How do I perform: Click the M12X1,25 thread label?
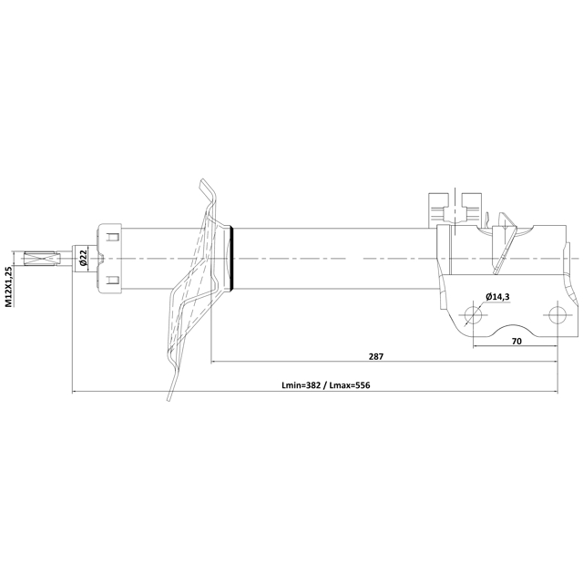click(x=9, y=286)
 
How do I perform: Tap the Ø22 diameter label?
click(x=83, y=258)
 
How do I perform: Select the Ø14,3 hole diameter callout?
click(x=497, y=296)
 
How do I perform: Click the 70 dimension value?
click(x=517, y=341)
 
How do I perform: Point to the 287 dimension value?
click(x=376, y=356)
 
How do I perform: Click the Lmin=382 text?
click(x=302, y=385)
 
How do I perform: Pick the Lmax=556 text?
click(x=350, y=385)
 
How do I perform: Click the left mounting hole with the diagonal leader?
click(x=473, y=315)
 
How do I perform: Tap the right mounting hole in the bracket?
click(x=557, y=315)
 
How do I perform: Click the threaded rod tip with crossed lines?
click(x=42, y=259)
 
